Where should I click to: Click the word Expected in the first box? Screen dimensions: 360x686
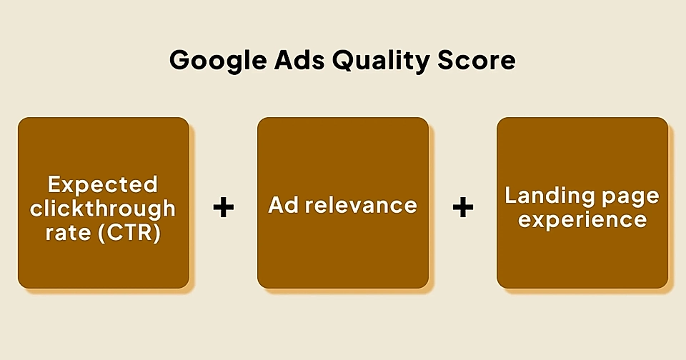pos(103,184)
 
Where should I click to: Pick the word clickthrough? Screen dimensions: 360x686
pos(103,209)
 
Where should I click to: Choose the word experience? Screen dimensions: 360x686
pos(582,219)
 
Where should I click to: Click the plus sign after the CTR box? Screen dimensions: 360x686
pos(224,208)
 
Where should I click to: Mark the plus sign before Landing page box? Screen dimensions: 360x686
pos(463,208)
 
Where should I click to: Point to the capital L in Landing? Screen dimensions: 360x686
pos(510,194)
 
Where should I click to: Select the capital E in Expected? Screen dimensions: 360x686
pos(54,184)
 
